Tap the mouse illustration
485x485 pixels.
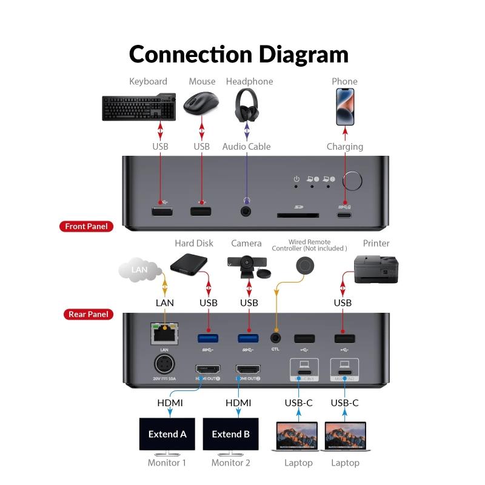click(x=201, y=104)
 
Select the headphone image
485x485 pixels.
click(x=247, y=104)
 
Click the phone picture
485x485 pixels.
click(x=345, y=106)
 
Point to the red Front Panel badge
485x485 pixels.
click(x=86, y=227)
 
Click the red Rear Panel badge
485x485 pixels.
click(x=89, y=314)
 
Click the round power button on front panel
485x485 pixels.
click(x=352, y=181)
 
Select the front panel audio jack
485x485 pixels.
click(x=246, y=212)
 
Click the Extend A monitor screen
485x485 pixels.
click(x=167, y=434)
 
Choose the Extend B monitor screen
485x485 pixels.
click(x=230, y=434)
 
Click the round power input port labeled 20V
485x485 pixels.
click(x=164, y=366)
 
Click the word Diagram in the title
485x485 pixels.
click(x=304, y=55)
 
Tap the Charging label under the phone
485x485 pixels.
click(x=345, y=147)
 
